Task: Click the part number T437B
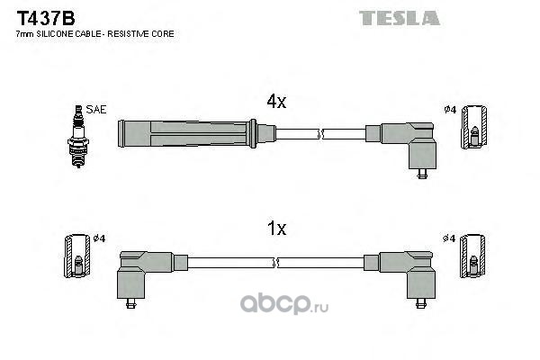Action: point(46,18)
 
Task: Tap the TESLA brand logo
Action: point(400,18)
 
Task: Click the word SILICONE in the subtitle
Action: point(55,34)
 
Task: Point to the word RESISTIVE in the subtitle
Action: point(128,34)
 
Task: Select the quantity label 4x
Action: point(276,102)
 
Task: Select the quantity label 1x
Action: point(277,228)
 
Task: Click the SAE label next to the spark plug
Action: point(96,110)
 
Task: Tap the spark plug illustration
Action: point(78,137)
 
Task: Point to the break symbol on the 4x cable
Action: point(321,134)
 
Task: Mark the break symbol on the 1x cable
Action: point(275,263)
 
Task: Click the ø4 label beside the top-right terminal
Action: point(450,110)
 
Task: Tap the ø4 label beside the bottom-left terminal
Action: point(100,238)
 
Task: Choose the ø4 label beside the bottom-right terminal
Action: point(449,238)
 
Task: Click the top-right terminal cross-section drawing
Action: point(474,127)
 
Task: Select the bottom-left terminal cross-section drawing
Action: point(77,256)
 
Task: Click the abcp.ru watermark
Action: point(284,303)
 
